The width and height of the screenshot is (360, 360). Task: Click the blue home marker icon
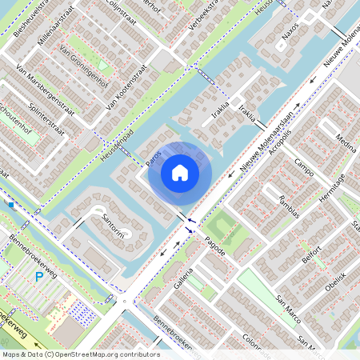pyautogui.click(x=180, y=172)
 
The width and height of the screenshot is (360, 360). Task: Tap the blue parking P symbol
pyautogui.click(x=39, y=277)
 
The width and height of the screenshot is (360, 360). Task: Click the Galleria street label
pyautogui.click(x=185, y=277)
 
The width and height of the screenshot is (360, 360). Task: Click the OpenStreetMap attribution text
pyautogui.click(x=81, y=354)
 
